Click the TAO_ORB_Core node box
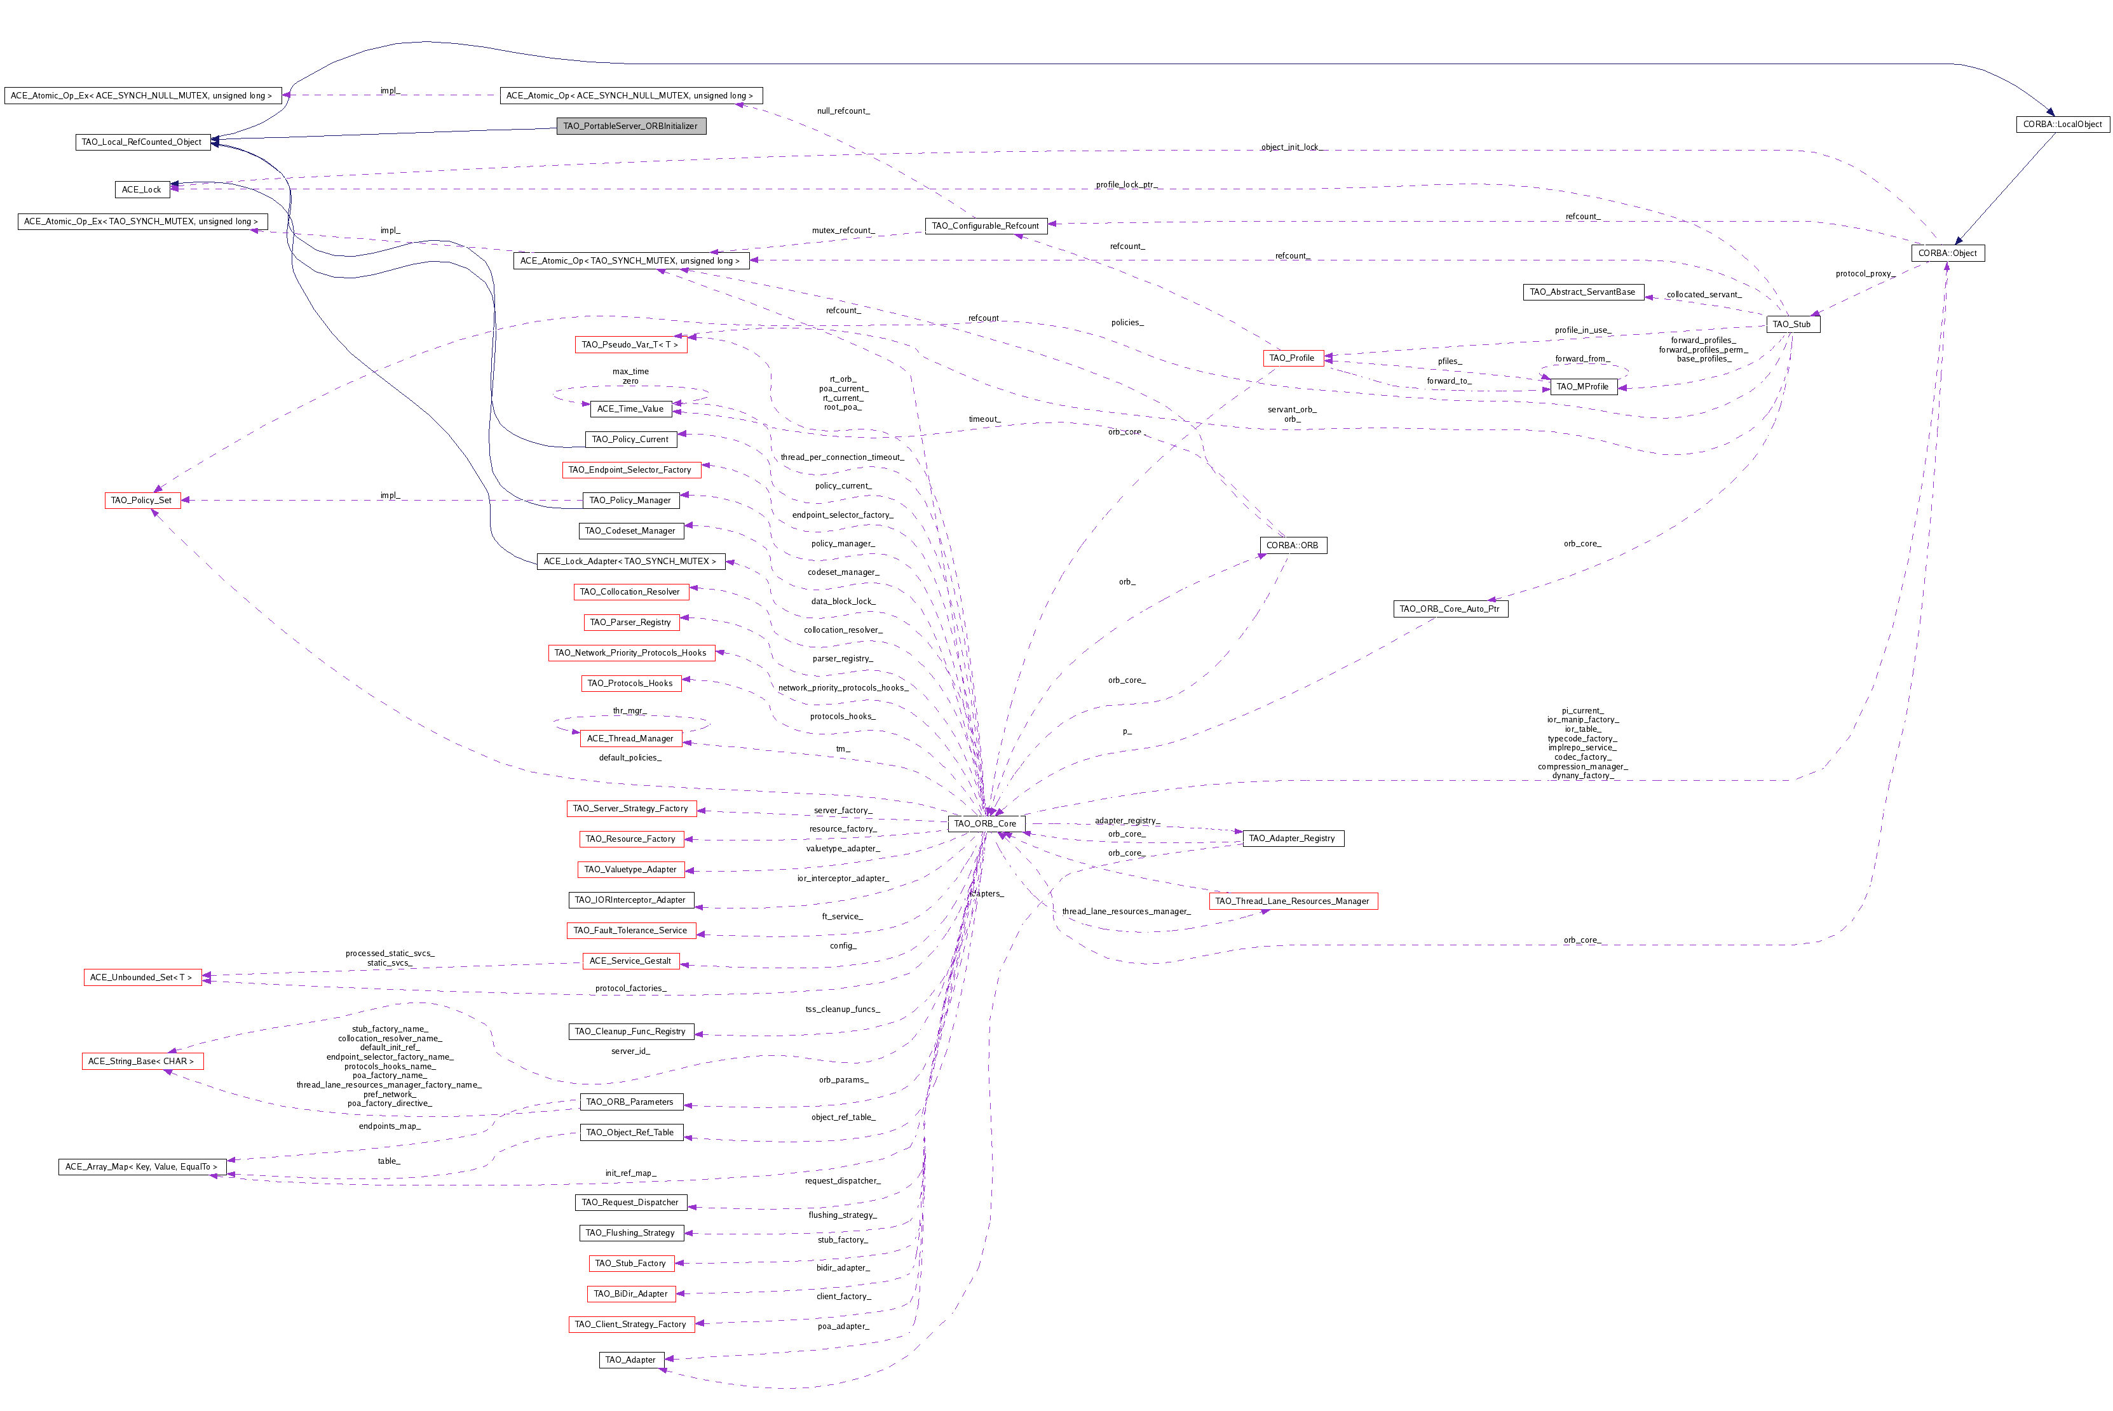(x=986, y=823)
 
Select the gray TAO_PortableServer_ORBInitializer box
(x=631, y=126)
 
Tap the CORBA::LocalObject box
(x=2062, y=124)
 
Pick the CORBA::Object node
(x=1947, y=253)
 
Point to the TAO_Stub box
(x=1791, y=324)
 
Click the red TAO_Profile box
(x=1293, y=358)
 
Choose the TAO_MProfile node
(x=1583, y=387)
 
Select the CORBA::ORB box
(x=1293, y=545)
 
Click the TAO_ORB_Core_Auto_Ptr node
(x=1450, y=609)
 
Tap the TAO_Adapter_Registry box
(x=1293, y=839)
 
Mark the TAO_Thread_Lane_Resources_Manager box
(x=1293, y=901)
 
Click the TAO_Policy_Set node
(x=142, y=501)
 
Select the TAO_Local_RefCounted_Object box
(x=142, y=142)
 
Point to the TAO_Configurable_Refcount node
(x=986, y=226)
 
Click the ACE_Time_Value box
(x=630, y=408)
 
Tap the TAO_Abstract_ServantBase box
(x=1583, y=292)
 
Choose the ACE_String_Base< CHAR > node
(x=142, y=1062)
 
